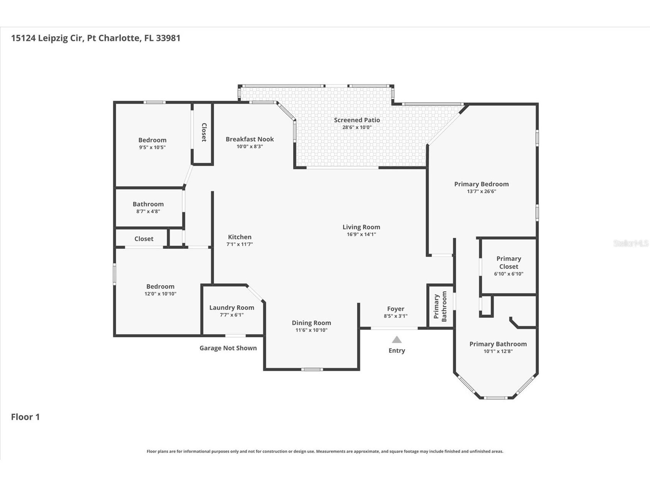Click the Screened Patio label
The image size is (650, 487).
pyautogui.click(x=357, y=120)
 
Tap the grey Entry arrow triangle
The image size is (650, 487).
pyautogui.click(x=397, y=340)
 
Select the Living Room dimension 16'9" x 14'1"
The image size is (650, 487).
pyautogui.click(x=361, y=234)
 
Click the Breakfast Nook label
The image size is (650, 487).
pyautogui.click(x=249, y=139)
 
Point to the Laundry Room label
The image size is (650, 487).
pyautogui.click(x=231, y=307)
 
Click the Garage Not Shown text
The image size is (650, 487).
pyautogui.click(x=228, y=348)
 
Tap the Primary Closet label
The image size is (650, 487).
pyautogui.click(x=508, y=263)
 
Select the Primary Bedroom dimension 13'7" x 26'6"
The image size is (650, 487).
pyautogui.click(x=481, y=191)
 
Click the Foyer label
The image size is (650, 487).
pyautogui.click(x=395, y=309)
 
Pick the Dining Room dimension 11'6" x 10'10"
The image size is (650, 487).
pyautogui.click(x=311, y=330)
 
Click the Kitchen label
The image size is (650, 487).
pyautogui.click(x=239, y=237)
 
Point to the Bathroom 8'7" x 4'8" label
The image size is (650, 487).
pyautogui.click(x=148, y=204)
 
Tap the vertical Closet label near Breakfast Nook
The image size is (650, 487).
pyautogui.click(x=204, y=132)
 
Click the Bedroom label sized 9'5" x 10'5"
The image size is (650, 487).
pyautogui.click(x=152, y=140)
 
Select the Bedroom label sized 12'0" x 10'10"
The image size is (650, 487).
pyautogui.click(x=160, y=286)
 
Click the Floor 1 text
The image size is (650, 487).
pyautogui.click(x=25, y=417)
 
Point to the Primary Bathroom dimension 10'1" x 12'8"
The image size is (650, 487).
pyautogui.click(x=498, y=351)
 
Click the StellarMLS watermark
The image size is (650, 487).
pyautogui.click(x=630, y=243)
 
